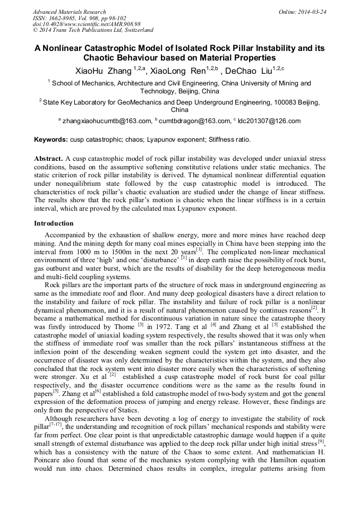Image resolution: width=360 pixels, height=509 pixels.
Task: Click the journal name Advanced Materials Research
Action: click(69, 12)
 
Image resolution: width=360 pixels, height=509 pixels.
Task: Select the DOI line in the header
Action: click(87, 24)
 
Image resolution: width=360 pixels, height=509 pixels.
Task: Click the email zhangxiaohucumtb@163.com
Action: click(107, 121)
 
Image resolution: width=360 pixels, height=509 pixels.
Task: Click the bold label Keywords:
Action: click(51, 140)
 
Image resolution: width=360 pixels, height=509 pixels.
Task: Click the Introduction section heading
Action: click(55, 223)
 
